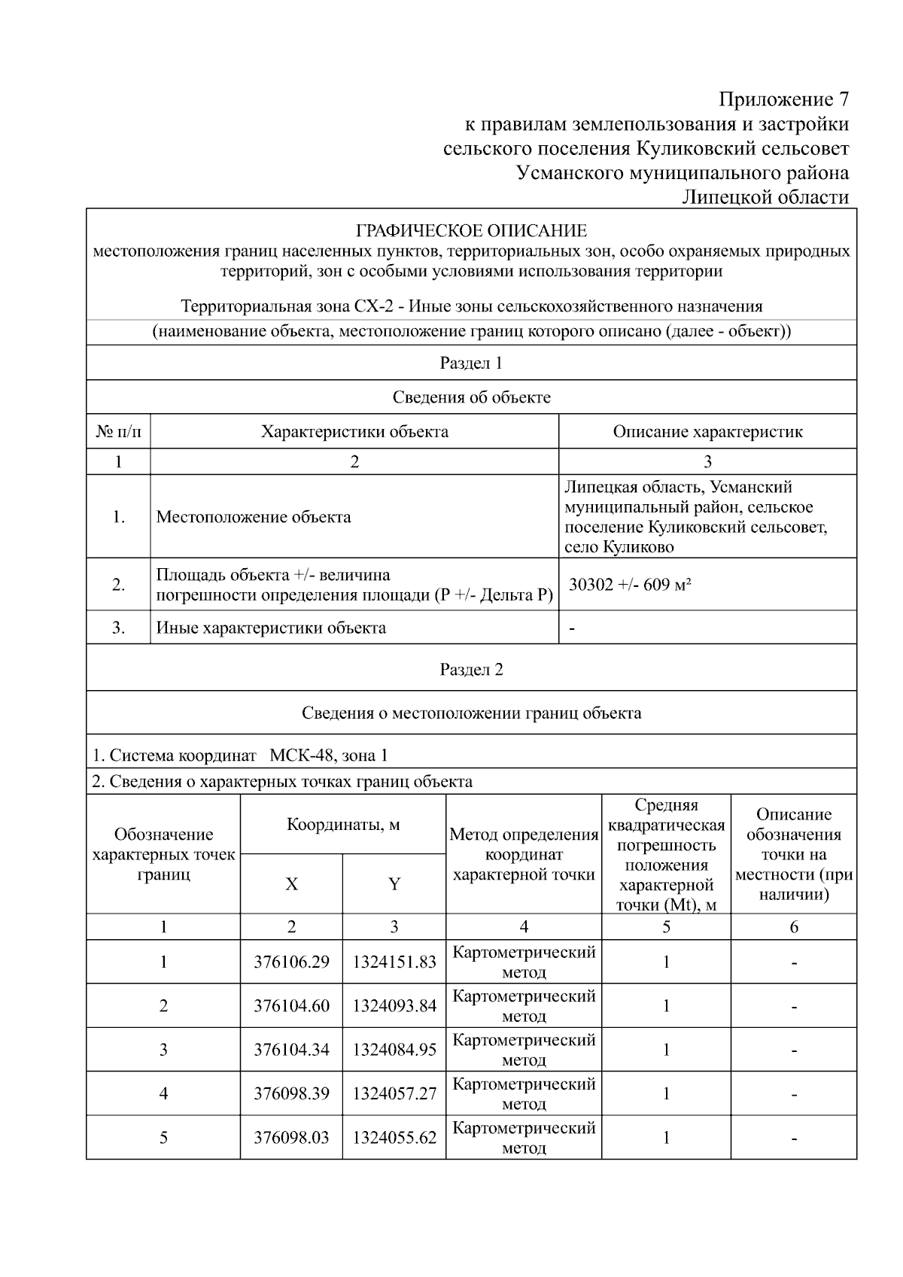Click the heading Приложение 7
783,99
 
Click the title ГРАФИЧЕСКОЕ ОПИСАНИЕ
471,230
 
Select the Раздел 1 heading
471,363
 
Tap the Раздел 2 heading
471,670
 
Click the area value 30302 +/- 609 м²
630,585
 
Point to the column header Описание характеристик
707,432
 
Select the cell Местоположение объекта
254,517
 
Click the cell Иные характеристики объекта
271,628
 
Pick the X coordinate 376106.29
291,962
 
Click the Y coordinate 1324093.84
394,1006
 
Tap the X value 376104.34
291,1050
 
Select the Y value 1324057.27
394,1093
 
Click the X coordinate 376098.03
291,1137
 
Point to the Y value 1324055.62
394,1137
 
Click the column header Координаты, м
343,825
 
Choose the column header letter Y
394,884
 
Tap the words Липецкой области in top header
765,197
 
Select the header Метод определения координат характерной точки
524,854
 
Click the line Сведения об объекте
471,397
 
